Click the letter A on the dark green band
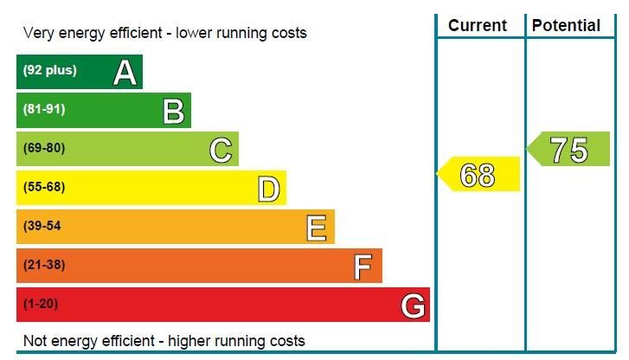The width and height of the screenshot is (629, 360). (x=125, y=73)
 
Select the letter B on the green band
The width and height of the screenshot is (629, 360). (x=173, y=112)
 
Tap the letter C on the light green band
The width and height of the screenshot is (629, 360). (x=221, y=151)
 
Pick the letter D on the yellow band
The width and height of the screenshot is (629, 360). (x=269, y=190)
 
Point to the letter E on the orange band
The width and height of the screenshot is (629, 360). (x=317, y=228)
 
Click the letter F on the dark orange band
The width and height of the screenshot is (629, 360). (x=363, y=267)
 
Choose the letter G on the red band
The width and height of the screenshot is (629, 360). (x=413, y=305)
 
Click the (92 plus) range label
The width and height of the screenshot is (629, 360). (x=49, y=71)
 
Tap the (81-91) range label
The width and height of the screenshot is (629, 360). (x=44, y=109)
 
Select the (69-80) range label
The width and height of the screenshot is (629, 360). (x=44, y=148)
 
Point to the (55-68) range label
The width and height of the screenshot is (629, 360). (x=44, y=187)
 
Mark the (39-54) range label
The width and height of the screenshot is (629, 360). (x=44, y=226)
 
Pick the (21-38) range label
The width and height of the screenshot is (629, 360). (x=44, y=265)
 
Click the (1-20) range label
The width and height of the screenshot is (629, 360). (x=41, y=304)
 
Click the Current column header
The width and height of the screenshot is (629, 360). (x=478, y=26)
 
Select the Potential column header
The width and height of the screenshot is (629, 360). (x=566, y=26)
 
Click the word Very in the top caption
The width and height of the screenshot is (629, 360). (x=39, y=34)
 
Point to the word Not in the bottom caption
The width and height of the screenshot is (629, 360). (x=35, y=340)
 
